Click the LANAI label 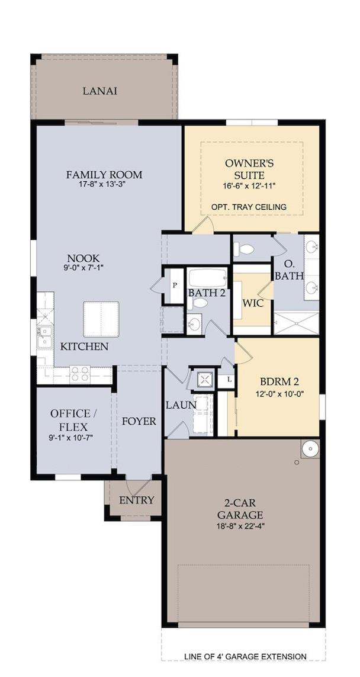100,91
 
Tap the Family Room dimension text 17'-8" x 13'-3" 104,184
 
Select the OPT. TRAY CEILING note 249,207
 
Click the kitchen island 101,319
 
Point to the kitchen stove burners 81,374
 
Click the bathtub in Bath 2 208,278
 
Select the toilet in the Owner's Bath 244,249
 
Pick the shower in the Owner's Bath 296,323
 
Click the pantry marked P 175,286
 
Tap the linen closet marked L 229,380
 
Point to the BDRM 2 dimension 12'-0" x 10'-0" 279,393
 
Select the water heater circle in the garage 310,449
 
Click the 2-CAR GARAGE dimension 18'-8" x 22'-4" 240,527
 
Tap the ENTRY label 136,500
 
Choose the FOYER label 139,421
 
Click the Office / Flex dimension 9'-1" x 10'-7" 71,438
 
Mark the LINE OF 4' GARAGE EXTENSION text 246,656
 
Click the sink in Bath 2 194,324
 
